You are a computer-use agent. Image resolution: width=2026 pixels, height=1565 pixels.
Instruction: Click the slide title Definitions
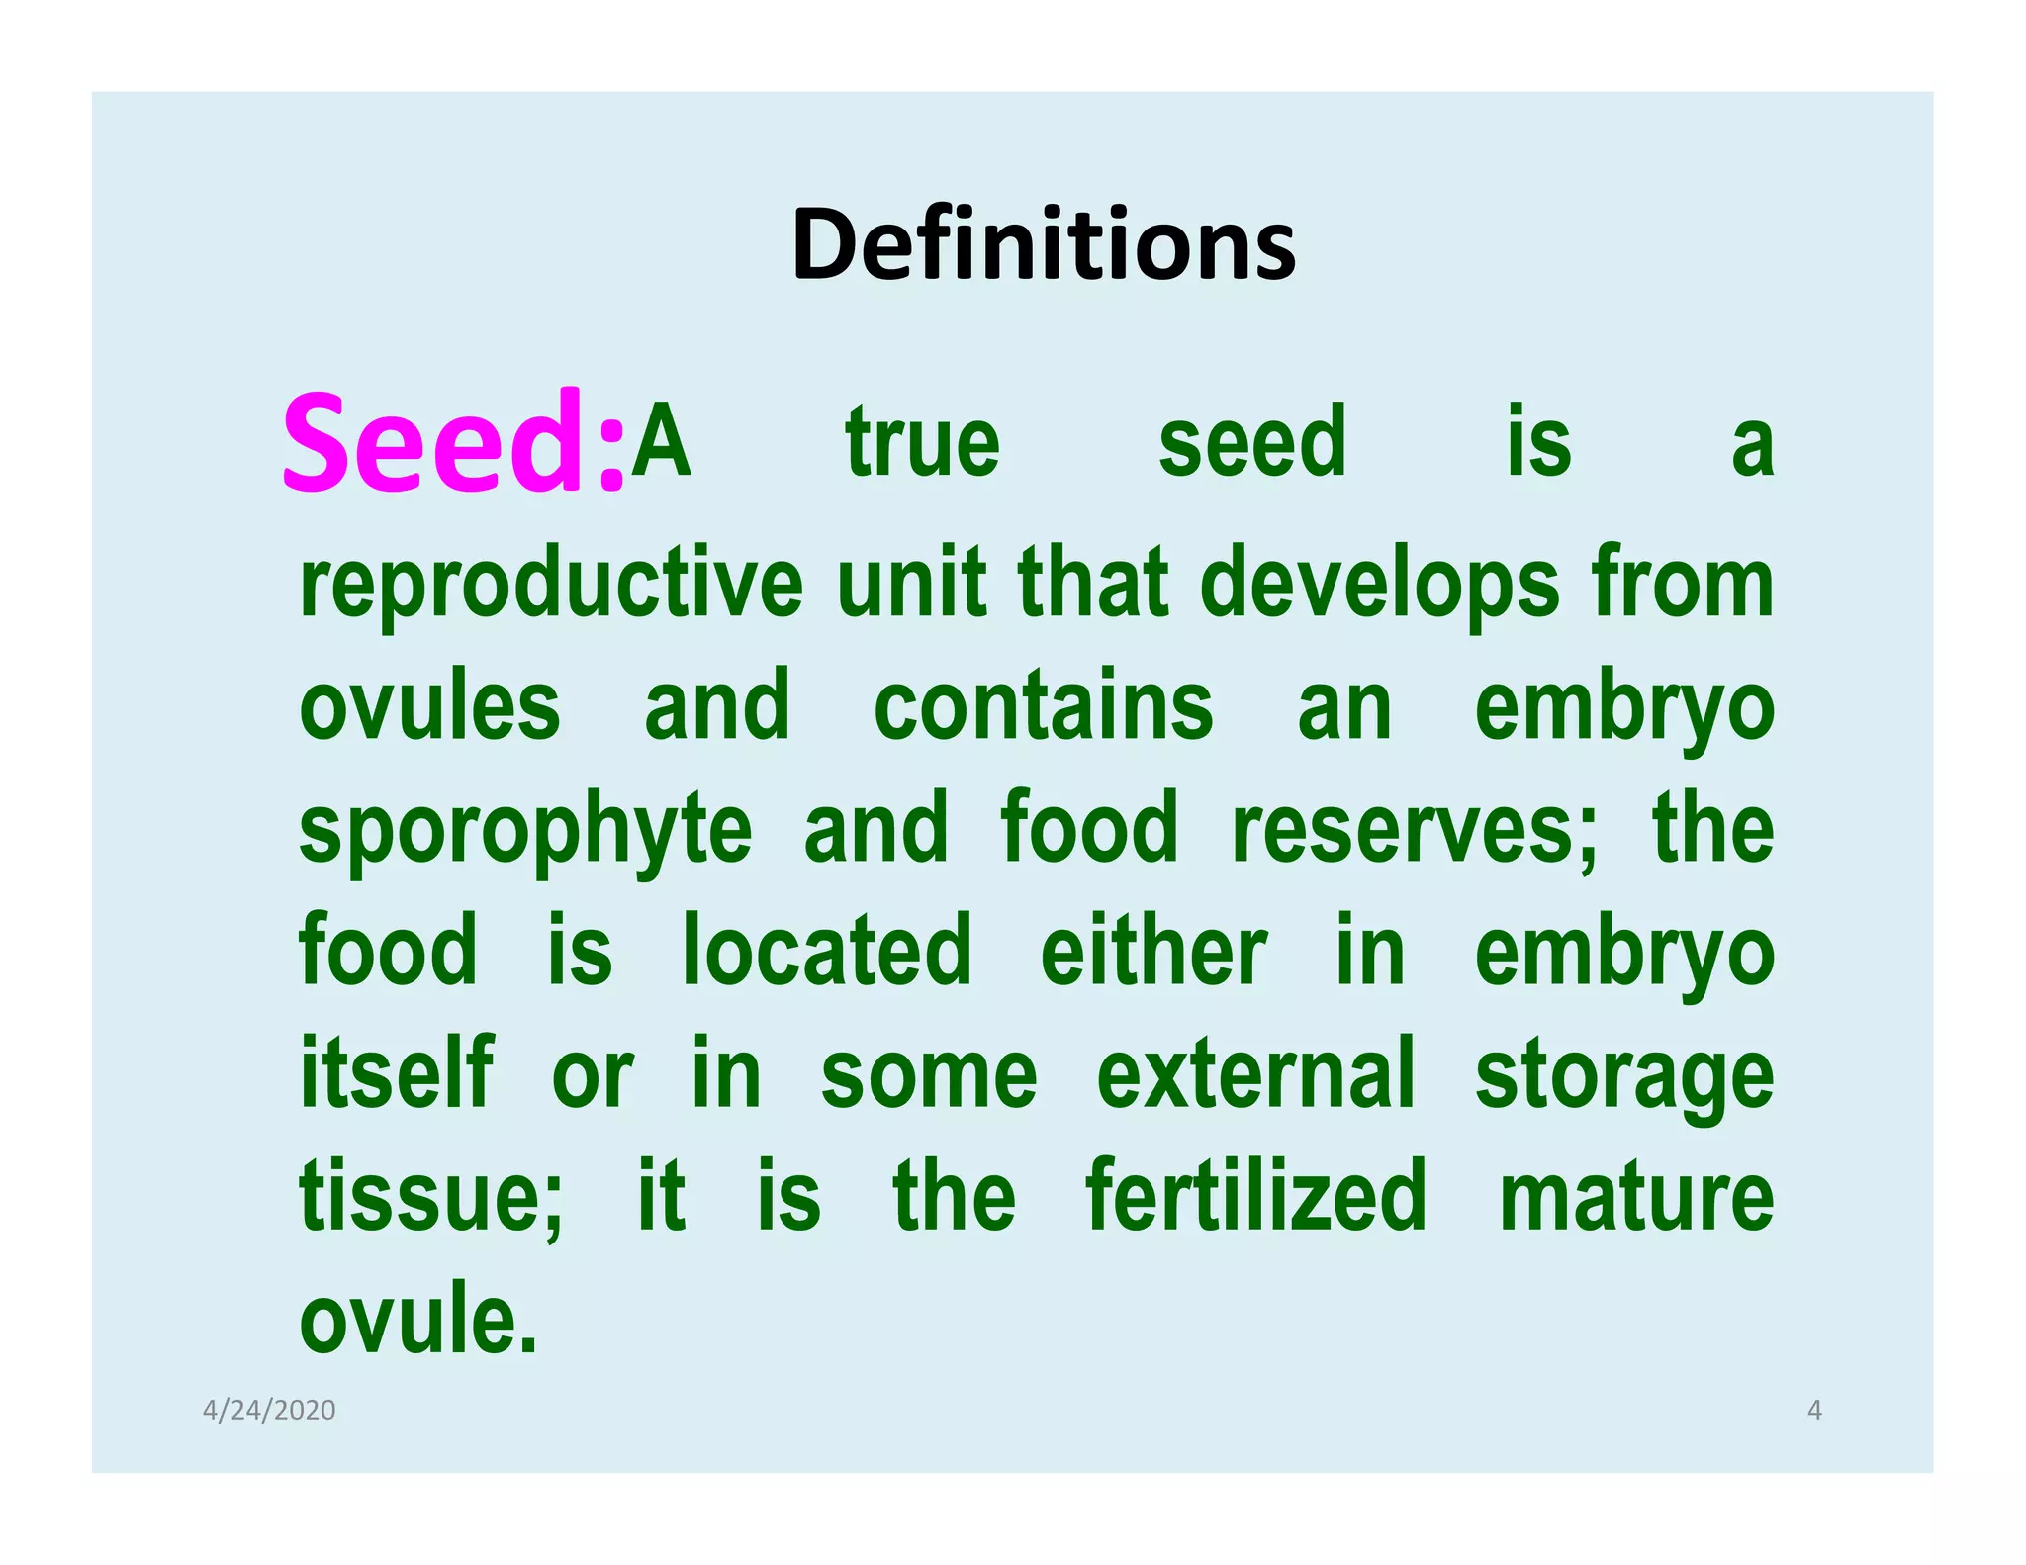[x=1043, y=244]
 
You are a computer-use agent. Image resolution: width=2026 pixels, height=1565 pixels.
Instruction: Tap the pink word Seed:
[x=454, y=442]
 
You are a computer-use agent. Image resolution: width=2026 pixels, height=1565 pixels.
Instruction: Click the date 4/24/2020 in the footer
[x=269, y=1410]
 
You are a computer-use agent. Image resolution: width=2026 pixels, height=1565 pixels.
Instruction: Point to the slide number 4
[x=1814, y=1410]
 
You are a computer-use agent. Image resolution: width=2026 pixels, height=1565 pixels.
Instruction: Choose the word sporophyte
[x=525, y=831]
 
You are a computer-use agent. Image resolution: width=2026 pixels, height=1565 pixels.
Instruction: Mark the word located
[x=827, y=952]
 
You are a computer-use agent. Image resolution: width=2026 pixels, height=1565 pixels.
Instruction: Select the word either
[x=1153, y=952]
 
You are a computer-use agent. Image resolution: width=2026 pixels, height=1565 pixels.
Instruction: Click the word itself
[x=397, y=1074]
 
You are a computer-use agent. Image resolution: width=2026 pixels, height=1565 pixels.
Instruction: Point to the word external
[x=1256, y=1074]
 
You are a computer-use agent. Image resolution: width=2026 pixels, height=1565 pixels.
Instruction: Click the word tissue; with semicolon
[x=431, y=1197]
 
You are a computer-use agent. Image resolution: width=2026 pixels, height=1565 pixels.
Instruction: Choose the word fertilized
[x=1256, y=1197]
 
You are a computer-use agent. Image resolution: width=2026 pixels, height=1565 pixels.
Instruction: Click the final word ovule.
[x=418, y=1320]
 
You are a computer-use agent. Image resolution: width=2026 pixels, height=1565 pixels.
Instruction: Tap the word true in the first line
[x=922, y=443]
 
